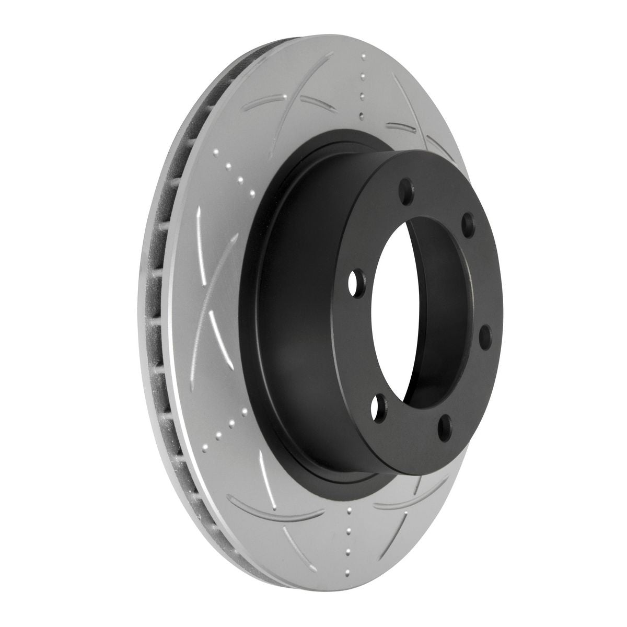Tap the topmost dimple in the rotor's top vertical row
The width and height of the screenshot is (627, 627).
[362, 77]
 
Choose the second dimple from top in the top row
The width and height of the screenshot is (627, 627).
[362, 96]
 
